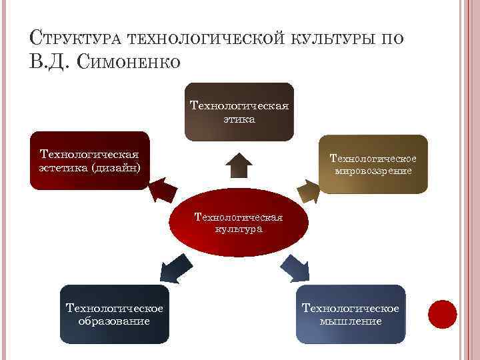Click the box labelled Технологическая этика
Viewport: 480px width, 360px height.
239,112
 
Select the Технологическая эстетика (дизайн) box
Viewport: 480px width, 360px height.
89,160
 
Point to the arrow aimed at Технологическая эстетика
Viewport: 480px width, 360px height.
162,191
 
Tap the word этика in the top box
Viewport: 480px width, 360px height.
239,119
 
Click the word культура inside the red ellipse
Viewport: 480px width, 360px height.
239,229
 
